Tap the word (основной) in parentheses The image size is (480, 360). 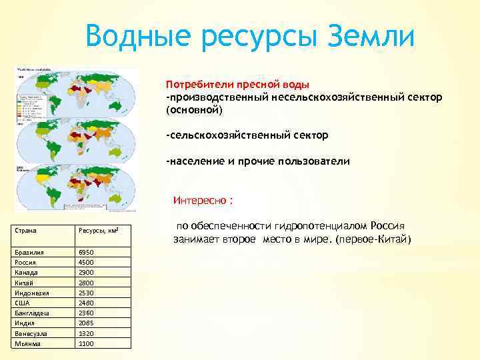click(x=195, y=109)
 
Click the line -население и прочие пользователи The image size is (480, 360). click(x=257, y=161)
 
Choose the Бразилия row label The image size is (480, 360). click(x=29, y=253)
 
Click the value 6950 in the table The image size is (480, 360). click(x=86, y=253)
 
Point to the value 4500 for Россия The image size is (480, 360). click(x=86, y=263)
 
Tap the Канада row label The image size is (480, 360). click(x=26, y=273)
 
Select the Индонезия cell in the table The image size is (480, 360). click(x=31, y=293)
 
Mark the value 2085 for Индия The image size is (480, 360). click(x=86, y=323)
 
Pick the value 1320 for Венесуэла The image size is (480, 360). click(x=86, y=333)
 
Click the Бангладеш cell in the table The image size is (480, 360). click(x=30, y=313)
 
